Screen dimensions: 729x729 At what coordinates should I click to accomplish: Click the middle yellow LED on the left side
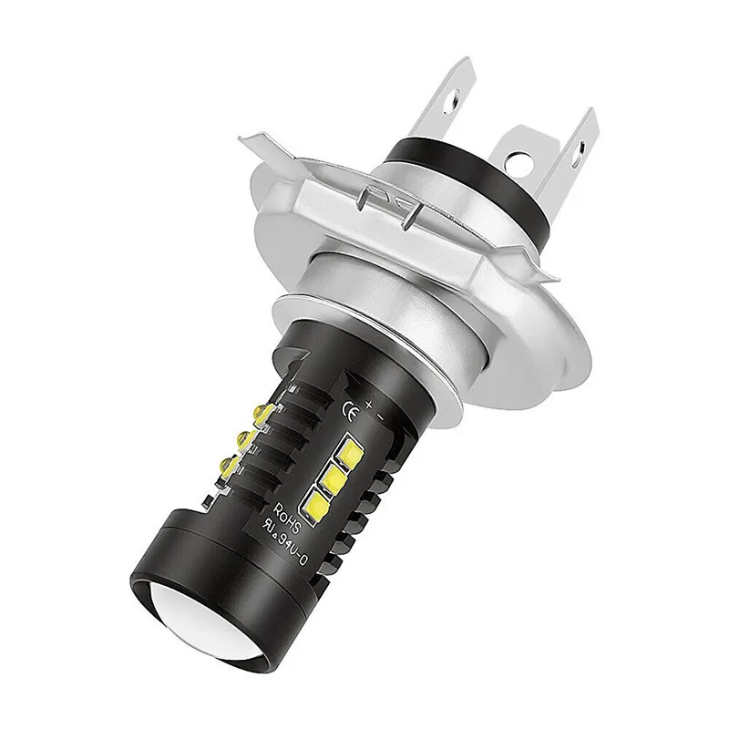245,441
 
